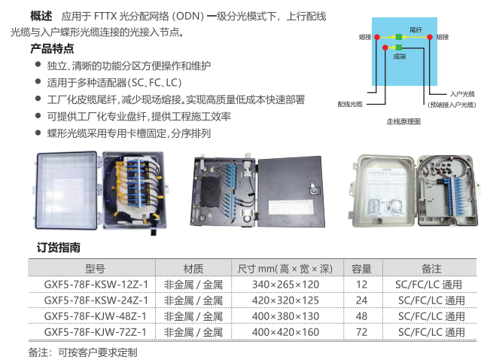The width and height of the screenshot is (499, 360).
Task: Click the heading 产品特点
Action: [x=52, y=49]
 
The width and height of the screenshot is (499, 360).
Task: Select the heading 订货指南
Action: [x=58, y=248]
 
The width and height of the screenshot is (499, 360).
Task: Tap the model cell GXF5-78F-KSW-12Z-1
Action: [x=96, y=284]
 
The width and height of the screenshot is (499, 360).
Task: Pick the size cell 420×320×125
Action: [x=285, y=300]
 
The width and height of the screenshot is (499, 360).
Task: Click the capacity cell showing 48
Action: [x=361, y=316]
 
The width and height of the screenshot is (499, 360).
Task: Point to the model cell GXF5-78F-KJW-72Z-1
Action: [x=95, y=332]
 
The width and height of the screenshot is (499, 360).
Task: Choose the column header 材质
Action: [x=193, y=269]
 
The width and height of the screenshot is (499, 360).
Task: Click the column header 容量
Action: [x=361, y=269]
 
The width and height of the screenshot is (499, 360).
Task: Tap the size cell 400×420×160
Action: [x=285, y=332]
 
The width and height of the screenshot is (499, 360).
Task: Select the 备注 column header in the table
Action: [x=431, y=269]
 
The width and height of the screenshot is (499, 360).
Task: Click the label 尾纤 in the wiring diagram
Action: [x=415, y=30]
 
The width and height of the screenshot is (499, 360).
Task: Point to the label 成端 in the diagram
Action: [x=400, y=56]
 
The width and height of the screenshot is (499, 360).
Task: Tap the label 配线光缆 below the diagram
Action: [x=350, y=104]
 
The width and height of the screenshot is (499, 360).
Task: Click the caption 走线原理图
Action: [x=403, y=122]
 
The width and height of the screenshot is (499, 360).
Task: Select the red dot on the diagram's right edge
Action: [x=430, y=37]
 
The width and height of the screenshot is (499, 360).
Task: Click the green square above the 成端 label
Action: [x=399, y=47]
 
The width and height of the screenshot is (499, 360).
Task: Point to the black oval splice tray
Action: [x=211, y=192]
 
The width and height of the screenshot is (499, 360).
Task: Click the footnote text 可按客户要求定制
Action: [x=97, y=352]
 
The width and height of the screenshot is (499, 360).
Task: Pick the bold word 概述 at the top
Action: [x=41, y=16]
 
